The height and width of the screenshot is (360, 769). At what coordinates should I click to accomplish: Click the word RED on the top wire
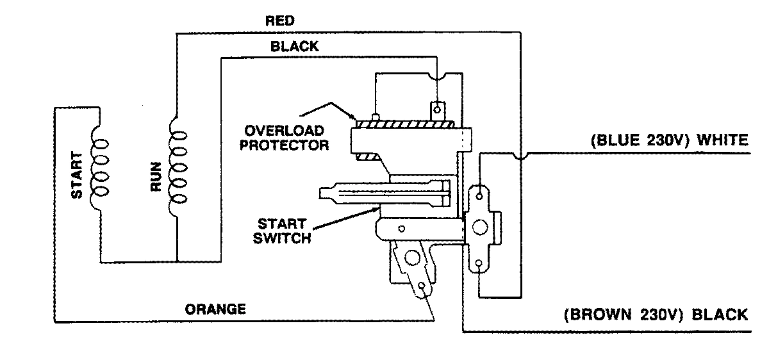click(280, 21)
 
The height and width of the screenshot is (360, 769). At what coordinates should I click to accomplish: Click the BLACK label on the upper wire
click(295, 47)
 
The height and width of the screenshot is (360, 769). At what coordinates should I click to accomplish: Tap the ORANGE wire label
click(215, 309)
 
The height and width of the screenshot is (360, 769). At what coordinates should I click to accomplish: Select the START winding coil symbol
click(99, 165)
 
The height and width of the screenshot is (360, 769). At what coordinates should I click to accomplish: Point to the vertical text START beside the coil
click(77, 175)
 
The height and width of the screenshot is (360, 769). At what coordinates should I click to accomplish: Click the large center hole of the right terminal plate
click(479, 228)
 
